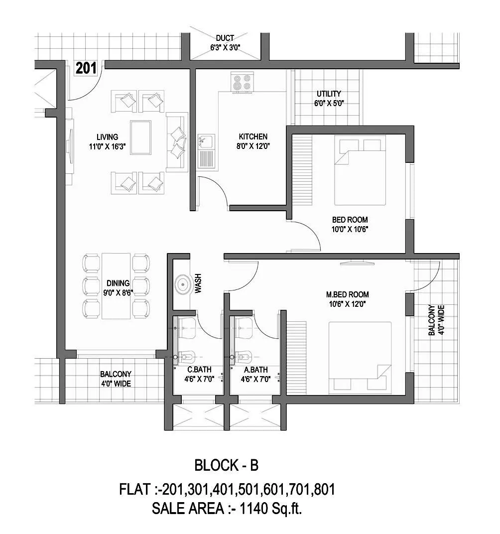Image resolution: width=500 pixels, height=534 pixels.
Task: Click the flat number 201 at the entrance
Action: tap(86, 68)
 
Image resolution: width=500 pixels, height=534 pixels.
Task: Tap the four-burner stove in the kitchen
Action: tap(243, 82)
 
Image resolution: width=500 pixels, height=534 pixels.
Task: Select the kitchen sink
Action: tap(205, 150)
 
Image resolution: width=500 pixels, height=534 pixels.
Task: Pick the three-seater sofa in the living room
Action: tap(176, 142)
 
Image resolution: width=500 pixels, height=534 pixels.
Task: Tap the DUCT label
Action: tap(225, 38)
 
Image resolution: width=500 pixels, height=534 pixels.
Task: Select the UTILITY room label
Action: tap(329, 94)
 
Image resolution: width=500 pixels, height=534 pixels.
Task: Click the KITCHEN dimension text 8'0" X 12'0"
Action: tap(253, 146)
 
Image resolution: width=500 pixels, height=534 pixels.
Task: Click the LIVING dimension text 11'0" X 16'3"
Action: tap(108, 146)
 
